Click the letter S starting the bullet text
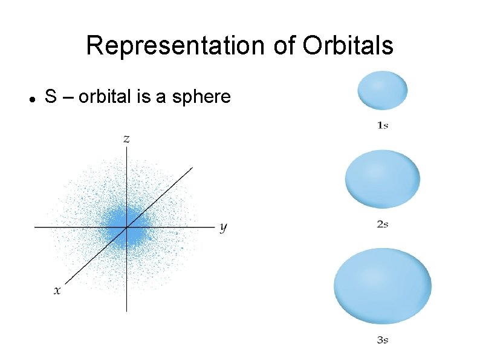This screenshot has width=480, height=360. tap(51, 97)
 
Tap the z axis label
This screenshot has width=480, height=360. tap(126, 139)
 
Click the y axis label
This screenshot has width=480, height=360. tap(223, 227)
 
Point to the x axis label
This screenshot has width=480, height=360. tap(57, 290)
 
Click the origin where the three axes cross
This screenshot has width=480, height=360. tap(126, 227)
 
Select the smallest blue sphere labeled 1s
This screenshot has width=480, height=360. tap(383, 90)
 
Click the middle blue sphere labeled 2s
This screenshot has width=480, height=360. tap(382, 179)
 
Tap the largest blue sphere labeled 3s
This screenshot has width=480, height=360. tap(383, 286)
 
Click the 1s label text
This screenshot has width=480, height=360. tap(382, 125)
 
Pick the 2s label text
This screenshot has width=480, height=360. tap(382, 224)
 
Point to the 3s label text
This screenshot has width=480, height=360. tap(382, 340)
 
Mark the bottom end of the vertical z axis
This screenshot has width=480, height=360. tap(126, 310)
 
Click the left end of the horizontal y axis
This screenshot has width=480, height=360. tap(35, 227)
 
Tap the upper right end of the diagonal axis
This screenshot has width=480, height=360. tap(192, 168)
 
